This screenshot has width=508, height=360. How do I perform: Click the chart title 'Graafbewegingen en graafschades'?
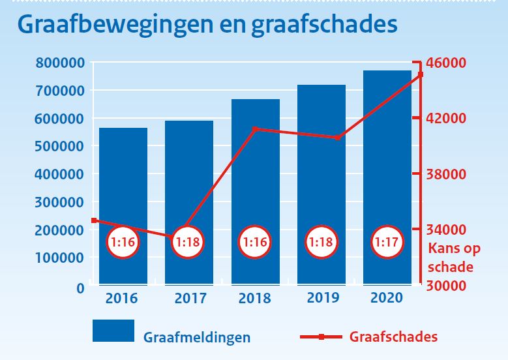(207, 24)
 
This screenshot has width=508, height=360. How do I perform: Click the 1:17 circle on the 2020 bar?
(387, 242)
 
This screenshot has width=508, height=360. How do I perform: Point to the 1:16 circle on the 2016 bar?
(123, 242)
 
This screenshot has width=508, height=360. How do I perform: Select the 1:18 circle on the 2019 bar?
(321, 242)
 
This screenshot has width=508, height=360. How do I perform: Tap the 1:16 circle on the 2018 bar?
(255, 242)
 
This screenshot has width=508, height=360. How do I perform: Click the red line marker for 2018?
(255, 129)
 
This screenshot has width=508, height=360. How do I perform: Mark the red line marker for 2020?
(421, 74)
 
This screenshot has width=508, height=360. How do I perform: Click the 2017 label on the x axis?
(189, 299)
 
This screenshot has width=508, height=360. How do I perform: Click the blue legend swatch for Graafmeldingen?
(113, 331)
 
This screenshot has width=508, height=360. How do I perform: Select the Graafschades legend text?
(393, 337)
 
